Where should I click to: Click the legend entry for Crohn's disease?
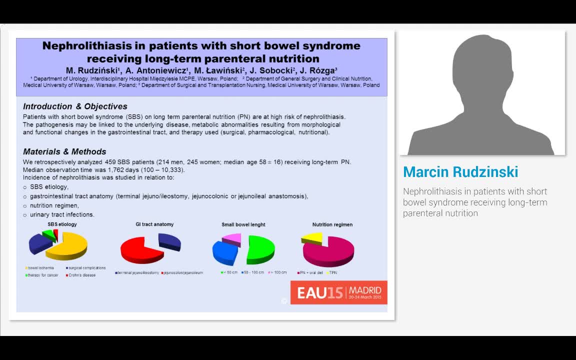[82, 275]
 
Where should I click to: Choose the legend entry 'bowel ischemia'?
[40, 268]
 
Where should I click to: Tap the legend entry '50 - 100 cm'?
[254, 272]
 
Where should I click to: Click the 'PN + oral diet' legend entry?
[311, 272]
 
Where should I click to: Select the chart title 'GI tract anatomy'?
[154, 224]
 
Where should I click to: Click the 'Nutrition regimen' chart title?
[332, 224]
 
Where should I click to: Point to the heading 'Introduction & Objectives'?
[75, 106]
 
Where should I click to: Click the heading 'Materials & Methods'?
[64, 151]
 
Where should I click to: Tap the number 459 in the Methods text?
[110, 162]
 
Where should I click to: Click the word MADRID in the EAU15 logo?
[365, 290]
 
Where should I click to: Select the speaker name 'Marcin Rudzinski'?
[460, 172]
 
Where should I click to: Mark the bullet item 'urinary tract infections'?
[62, 214]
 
